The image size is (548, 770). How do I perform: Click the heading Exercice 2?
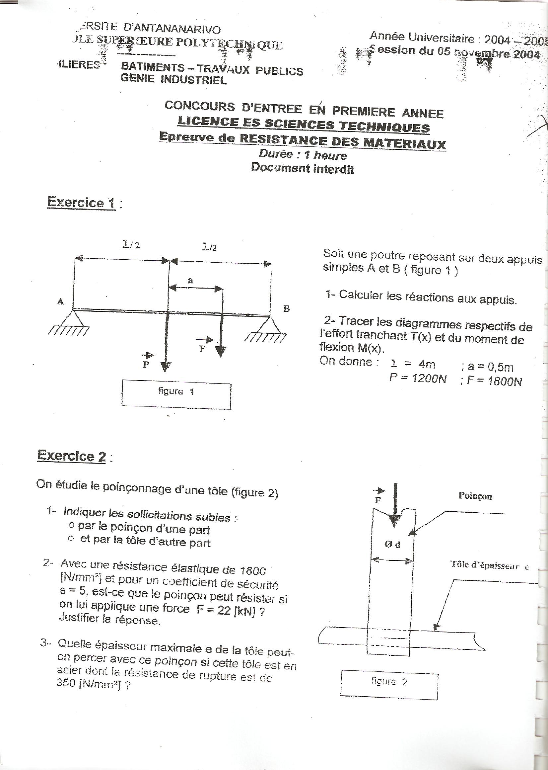(72, 456)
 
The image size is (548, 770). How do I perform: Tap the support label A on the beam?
(61, 301)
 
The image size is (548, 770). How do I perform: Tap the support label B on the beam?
(287, 309)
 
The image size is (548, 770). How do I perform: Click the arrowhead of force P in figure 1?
(165, 367)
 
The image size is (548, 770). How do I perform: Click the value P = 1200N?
(418, 379)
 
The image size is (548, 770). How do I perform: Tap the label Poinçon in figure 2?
(475, 496)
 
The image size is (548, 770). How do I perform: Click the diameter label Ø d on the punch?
(392, 545)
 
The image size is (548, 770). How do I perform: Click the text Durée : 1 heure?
(302, 155)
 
